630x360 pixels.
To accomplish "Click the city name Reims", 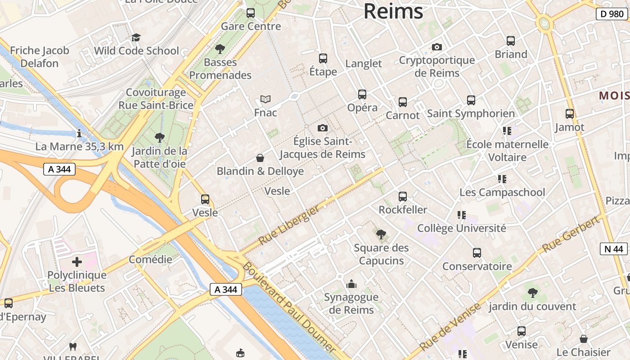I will [393, 11].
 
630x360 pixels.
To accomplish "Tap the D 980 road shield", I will [612, 14].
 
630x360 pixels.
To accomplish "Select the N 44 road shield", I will [613, 249].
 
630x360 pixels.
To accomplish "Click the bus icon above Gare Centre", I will [251, 13].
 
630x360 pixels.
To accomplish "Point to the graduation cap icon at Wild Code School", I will [136, 37].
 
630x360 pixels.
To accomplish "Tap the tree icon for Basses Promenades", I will [220, 49].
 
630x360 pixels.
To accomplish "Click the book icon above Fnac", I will [265, 99].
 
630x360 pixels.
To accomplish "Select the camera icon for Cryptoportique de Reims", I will [436, 47].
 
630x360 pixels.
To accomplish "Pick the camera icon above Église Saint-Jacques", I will [322, 128].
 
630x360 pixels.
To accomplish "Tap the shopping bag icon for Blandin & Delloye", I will [260, 158].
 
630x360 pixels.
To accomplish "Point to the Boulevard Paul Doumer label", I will [288, 306].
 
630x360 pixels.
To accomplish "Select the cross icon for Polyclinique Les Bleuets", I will [77, 261].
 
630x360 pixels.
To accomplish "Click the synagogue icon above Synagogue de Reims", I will [351, 284].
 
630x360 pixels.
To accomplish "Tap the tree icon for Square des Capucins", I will [381, 234].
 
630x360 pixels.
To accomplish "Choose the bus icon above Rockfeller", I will [403, 197].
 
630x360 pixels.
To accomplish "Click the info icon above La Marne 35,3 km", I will [79, 133].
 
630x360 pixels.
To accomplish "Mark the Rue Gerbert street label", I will [571, 234].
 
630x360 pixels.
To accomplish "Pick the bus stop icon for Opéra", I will [362, 94].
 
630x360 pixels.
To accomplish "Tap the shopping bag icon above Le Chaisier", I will [584, 339].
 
